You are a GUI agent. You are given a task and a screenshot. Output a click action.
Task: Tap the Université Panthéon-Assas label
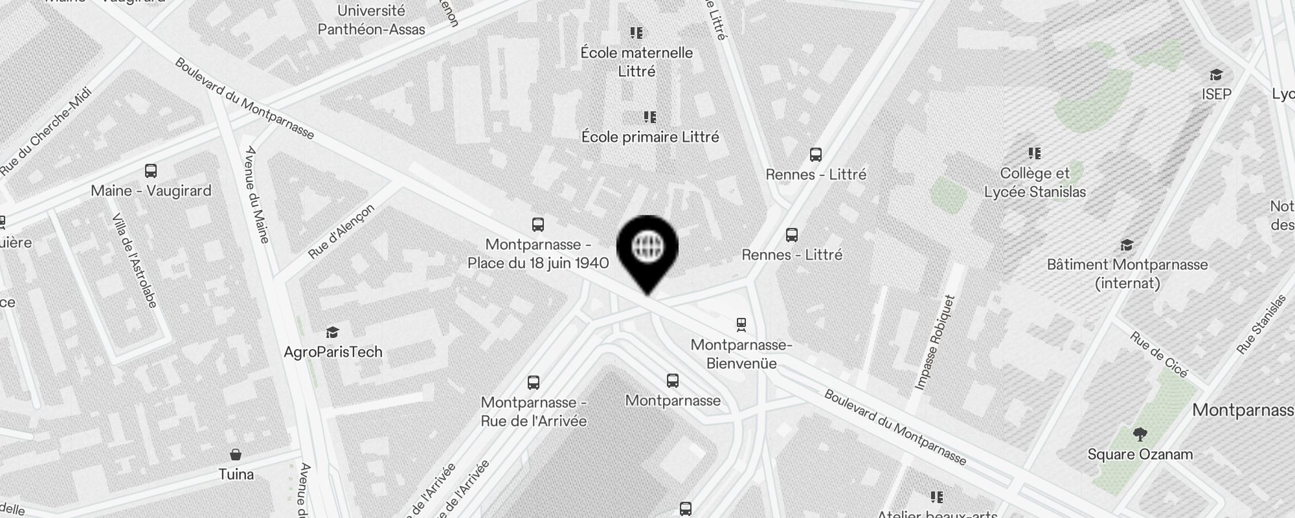click(x=371, y=20)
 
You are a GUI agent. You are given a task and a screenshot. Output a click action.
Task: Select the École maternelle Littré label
click(x=636, y=62)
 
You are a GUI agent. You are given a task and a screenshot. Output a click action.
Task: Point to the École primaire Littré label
click(x=650, y=137)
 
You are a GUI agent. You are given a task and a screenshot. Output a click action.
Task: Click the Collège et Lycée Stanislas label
click(x=1035, y=183)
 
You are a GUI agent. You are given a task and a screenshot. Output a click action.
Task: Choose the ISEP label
click(x=1217, y=95)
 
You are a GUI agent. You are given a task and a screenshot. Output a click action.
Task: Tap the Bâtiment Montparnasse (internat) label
click(x=1127, y=273)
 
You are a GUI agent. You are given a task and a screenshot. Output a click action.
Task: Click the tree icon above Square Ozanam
click(x=1140, y=434)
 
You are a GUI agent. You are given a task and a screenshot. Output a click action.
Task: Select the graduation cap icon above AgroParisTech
click(x=333, y=333)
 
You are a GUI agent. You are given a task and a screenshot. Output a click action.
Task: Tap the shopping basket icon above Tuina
click(x=236, y=455)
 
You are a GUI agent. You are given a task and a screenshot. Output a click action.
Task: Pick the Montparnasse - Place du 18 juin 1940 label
click(x=538, y=254)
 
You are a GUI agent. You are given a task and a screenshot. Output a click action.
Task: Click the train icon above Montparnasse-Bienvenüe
click(x=741, y=324)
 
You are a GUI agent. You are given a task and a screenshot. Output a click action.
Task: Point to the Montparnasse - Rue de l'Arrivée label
click(x=534, y=412)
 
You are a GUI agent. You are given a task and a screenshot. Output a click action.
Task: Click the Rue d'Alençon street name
click(x=341, y=231)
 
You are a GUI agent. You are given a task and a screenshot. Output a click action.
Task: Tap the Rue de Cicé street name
click(x=1159, y=355)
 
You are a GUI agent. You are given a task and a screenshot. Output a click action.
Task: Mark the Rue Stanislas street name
click(x=1261, y=324)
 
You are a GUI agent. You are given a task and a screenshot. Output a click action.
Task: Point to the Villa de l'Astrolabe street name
click(x=135, y=260)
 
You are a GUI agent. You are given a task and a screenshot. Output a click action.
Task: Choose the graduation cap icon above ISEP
click(x=1216, y=75)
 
